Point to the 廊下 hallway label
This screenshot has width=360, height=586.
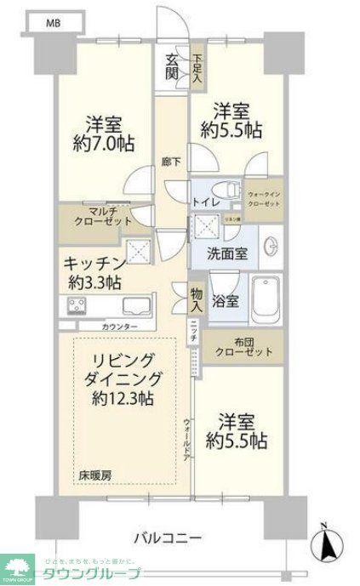point(171,162)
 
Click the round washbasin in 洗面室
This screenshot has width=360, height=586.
point(271,247)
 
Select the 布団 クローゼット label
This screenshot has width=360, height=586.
point(243,347)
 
